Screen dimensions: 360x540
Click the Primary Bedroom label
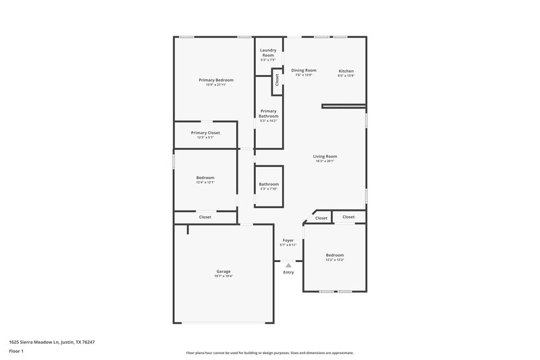coord(216,80)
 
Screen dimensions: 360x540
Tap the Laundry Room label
coord(269,53)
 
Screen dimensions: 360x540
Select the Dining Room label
coord(304,70)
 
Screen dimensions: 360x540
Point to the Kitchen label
coord(346,71)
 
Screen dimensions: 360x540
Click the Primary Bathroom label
coord(269,113)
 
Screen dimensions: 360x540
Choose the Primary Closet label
coord(205,133)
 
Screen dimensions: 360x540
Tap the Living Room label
coord(325,156)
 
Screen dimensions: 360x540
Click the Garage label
coord(223,272)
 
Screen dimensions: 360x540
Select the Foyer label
coord(288,240)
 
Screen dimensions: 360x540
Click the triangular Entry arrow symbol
coord(288,265)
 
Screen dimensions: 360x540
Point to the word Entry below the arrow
coord(288,272)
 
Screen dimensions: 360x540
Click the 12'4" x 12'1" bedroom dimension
coord(205,182)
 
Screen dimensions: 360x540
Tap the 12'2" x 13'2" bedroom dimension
coord(335,259)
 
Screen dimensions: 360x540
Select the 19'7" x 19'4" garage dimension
coord(223,276)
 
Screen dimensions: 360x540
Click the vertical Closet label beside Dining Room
coord(277,80)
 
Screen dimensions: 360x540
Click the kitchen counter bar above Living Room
coord(344,105)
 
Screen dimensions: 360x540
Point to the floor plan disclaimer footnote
coord(270,353)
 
